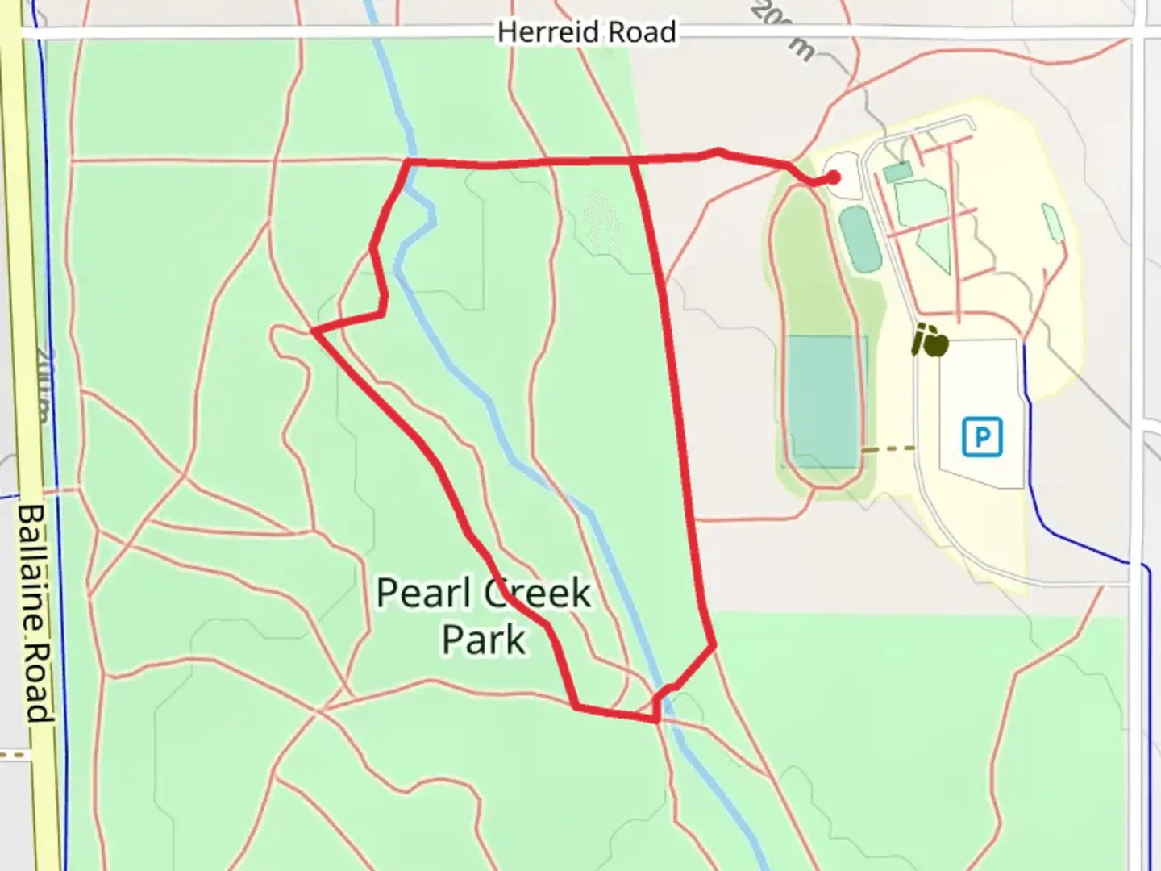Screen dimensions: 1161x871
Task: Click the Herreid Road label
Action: (x=586, y=32)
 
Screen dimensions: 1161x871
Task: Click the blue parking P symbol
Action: (x=982, y=437)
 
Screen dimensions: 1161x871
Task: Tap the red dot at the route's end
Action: (x=833, y=178)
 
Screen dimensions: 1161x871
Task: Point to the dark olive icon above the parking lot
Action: (x=930, y=342)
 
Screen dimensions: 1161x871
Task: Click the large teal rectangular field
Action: (x=822, y=402)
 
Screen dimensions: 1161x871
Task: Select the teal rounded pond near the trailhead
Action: (x=861, y=240)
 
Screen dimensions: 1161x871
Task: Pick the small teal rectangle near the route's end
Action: (x=897, y=172)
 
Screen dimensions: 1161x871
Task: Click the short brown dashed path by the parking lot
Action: (x=888, y=449)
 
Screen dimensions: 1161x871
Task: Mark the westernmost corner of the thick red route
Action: (x=314, y=331)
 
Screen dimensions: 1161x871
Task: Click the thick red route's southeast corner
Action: (x=713, y=645)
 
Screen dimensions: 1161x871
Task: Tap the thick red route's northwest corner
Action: (x=409, y=163)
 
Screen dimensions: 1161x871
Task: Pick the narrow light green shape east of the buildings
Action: (x=1053, y=224)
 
